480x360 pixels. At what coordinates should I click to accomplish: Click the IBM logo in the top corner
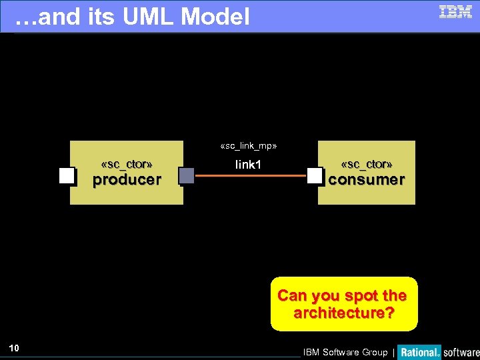pyautogui.click(x=455, y=11)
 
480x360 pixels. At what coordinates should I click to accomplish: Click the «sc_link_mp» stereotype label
pyautogui.click(x=248, y=145)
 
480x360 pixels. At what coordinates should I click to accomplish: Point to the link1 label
pyautogui.click(x=248, y=165)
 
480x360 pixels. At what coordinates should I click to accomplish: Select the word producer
pyautogui.click(x=127, y=179)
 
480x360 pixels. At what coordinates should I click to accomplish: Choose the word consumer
pyautogui.click(x=367, y=179)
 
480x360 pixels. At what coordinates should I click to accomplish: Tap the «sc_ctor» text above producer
pyautogui.click(x=127, y=164)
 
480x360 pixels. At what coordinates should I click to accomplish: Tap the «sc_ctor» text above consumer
pyautogui.click(x=367, y=164)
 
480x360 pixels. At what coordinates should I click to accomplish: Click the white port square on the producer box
pyautogui.click(x=67, y=176)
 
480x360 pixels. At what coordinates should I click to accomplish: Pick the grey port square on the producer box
pyautogui.click(x=187, y=176)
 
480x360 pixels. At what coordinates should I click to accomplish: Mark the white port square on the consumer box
pyautogui.click(x=315, y=176)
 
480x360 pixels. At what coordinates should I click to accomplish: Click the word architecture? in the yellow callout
pyautogui.click(x=343, y=313)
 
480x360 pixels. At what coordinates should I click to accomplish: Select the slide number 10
pyautogui.click(x=15, y=347)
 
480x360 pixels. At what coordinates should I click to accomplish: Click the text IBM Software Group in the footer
pyautogui.click(x=345, y=352)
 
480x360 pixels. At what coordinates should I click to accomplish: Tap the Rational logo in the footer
pyautogui.click(x=420, y=352)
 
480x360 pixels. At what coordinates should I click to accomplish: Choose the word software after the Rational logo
pyautogui.click(x=461, y=352)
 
